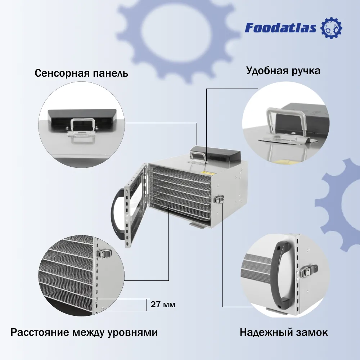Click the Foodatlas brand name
pyautogui.click(x=280, y=28)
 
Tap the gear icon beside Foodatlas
pyautogui.click(x=331, y=28)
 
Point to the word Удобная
pyautogui.click(x=267, y=70)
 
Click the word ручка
pyautogui.click(x=306, y=71)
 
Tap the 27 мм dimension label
pyautogui.click(x=163, y=304)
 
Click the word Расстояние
pyautogui.click(x=40, y=332)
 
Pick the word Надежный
pyautogui.click(x=265, y=332)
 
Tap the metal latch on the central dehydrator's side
pyautogui.click(x=219, y=199)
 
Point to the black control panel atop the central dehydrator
pyautogui.click(x=215, y=153)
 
